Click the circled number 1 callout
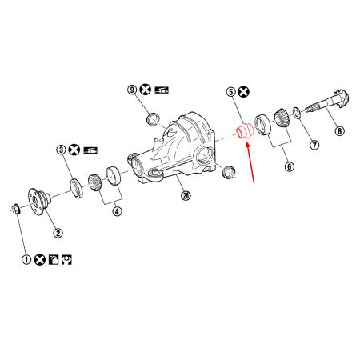tap(26, 260)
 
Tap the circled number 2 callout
tap(58, 234)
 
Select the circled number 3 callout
tap(61, 150)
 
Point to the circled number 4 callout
tap(117, 211)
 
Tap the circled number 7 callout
tap(314, 146)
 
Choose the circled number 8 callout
tap(339, 130)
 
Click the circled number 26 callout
tap(186, 196)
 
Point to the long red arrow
tap(250, 160)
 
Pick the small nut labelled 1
tap(15, 210)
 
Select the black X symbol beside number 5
tap(243, 93)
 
